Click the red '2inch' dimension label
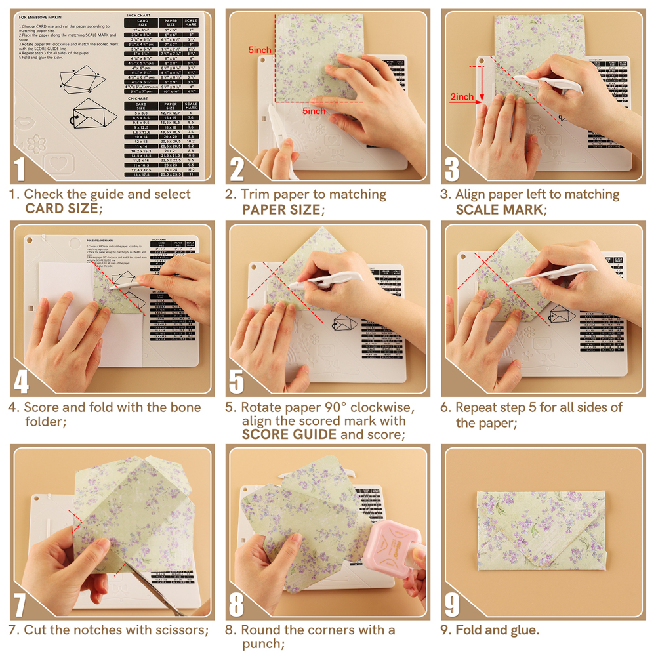[462, 97]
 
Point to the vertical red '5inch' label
[260, 50]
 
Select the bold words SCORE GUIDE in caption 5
[289, 434]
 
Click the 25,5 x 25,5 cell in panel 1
[171, 174]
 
